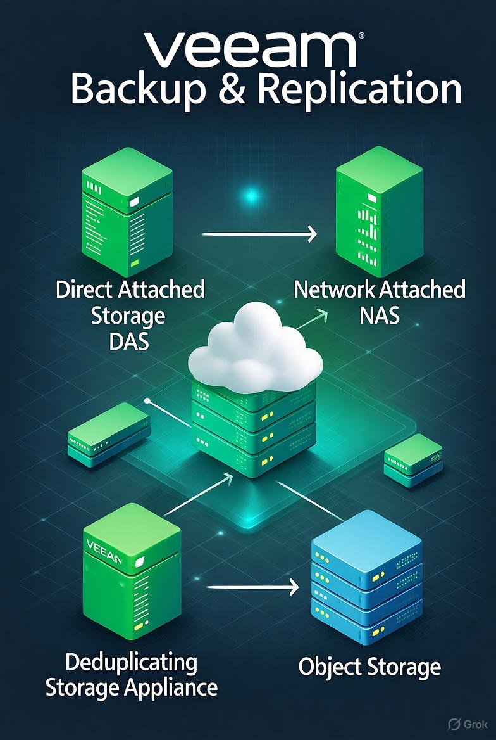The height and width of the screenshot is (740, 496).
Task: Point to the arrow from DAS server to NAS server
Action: click(259, 235)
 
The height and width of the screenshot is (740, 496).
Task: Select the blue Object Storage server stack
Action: click(367, 583)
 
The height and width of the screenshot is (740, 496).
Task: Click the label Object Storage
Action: click(369, 667)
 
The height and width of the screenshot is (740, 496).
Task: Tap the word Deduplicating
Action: click(131, 663)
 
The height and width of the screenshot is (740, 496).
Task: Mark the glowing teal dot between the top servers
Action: click(252, 196)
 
